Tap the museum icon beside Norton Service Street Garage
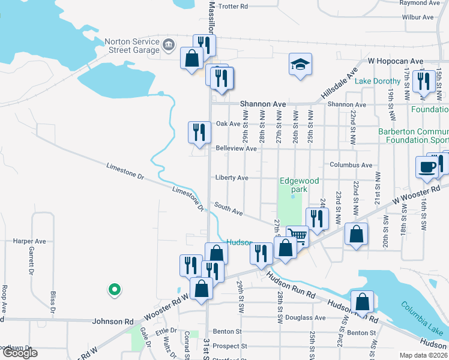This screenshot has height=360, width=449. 168,43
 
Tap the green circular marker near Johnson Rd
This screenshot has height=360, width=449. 113,290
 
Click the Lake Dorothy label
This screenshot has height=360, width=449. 378,81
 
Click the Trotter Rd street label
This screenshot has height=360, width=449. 234,7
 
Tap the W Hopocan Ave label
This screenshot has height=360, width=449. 396,61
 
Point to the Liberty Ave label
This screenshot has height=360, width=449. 232,178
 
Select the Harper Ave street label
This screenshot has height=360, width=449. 29,241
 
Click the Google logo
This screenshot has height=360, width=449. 19,353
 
